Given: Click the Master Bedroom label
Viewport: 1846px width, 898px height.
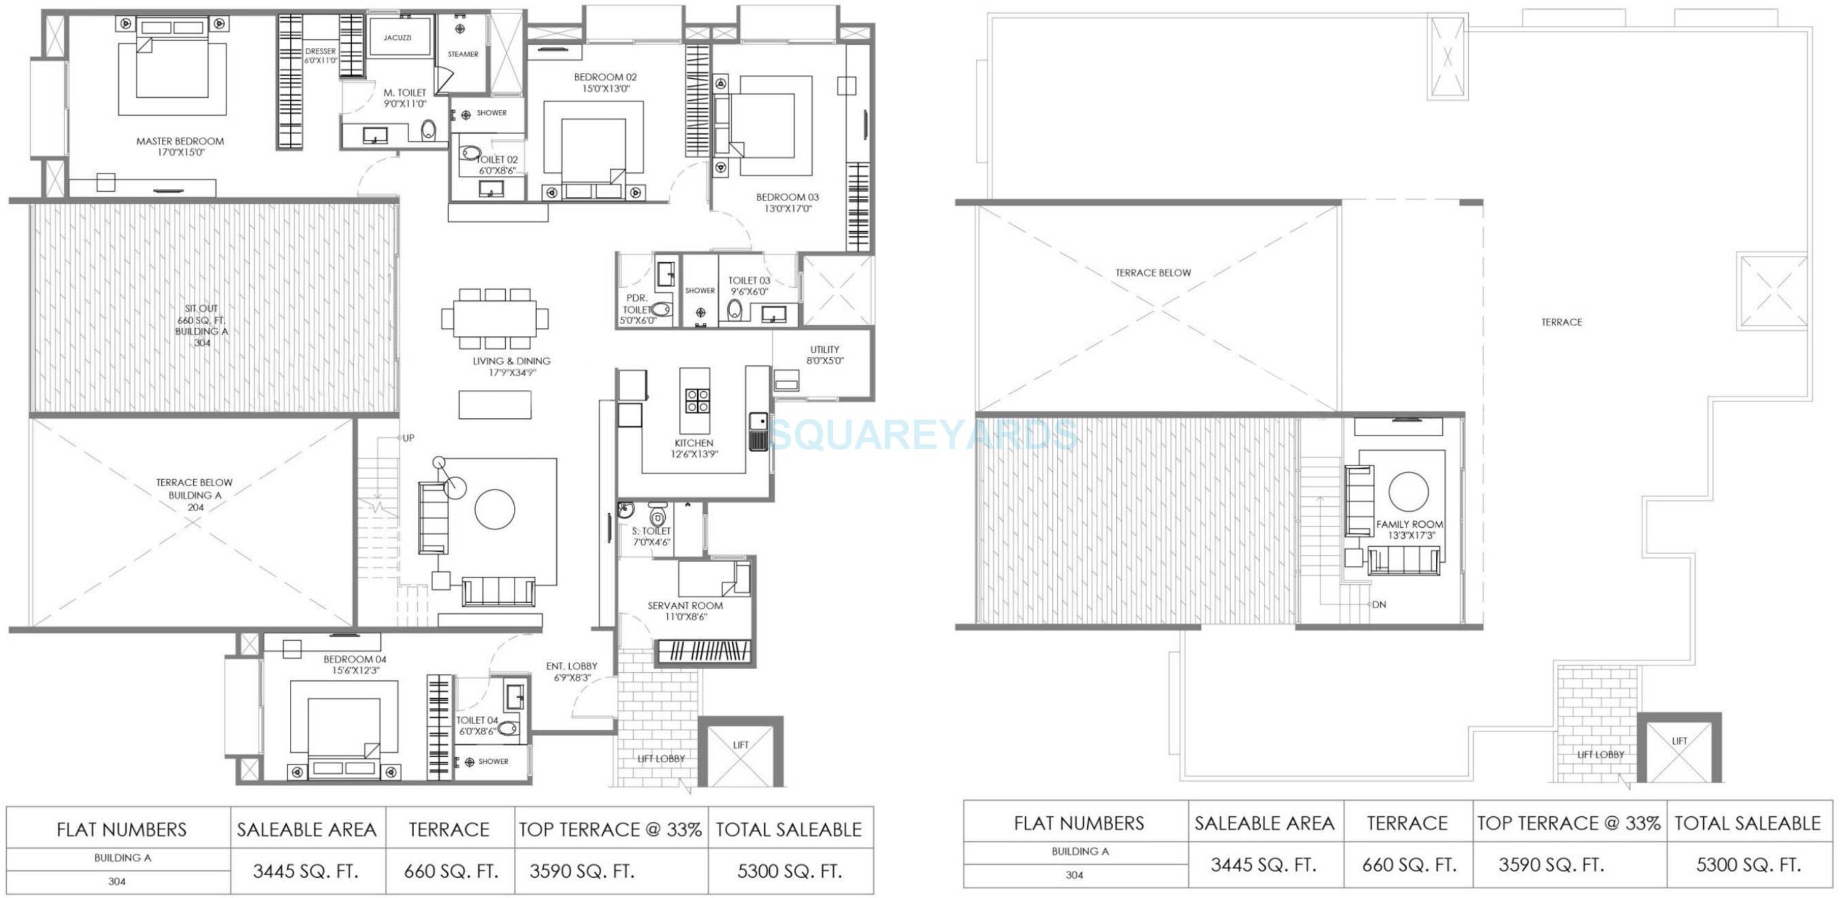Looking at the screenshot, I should pos(180,141).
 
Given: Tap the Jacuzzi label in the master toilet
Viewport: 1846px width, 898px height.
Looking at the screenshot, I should pos(397,38).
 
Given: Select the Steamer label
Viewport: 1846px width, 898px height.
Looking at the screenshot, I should pos(463,54).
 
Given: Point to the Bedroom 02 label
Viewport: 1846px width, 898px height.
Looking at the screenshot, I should pos(605,77).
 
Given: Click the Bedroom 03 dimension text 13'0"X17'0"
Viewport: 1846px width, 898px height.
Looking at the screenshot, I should pos(787,209).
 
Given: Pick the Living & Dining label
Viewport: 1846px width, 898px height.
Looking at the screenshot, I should pos(511,361).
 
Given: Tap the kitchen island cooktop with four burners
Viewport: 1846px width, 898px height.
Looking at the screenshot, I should pos(697,401).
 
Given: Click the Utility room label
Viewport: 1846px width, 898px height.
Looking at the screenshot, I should pos(824,350).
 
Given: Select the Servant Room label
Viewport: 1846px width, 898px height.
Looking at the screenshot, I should pos(685,606).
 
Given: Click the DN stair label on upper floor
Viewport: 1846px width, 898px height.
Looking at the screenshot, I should pos(1379,605).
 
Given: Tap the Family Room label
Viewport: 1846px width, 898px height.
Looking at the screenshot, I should pos(1410,524).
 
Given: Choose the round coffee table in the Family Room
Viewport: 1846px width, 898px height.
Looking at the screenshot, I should pos(1408,491).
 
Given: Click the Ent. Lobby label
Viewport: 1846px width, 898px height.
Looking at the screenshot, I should pos(571,667).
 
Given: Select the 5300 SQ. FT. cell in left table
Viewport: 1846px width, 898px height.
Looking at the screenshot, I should pos(789,872).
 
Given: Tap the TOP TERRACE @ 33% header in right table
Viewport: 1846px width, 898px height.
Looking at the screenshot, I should pos(1568,824).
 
